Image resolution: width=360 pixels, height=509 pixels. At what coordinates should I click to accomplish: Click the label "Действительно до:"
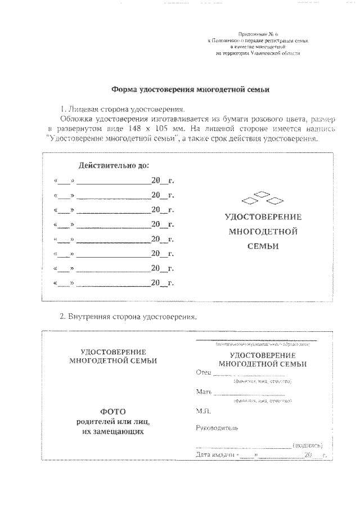[114, 166]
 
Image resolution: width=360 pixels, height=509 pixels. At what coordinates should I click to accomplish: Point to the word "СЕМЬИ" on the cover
[263, 246]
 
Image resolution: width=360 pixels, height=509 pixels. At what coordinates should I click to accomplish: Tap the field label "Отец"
[203, 373]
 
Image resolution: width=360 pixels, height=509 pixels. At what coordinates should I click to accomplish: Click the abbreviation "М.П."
[203, 412]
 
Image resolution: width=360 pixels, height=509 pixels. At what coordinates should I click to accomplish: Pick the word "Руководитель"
[217, 427]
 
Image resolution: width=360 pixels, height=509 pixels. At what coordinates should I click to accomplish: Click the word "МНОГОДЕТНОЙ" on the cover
[263, 231]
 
